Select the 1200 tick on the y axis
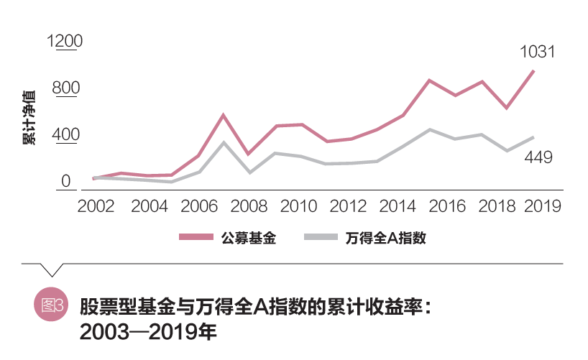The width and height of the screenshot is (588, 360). (x=65, y=41)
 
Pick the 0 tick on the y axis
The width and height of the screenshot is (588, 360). (x=65, y=181)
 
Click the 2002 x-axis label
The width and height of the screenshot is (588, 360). (x=96, y=206)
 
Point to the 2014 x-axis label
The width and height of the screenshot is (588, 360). (x=398, y=206)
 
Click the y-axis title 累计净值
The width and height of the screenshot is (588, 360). (x=29, y=119)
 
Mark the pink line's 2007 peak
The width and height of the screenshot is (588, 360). (x=224, y=115)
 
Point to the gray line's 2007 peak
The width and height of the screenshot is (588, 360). (x=224, y=142)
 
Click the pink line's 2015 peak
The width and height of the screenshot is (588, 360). (x=428, y=80)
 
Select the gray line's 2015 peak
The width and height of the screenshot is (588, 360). (x=429, y=129)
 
